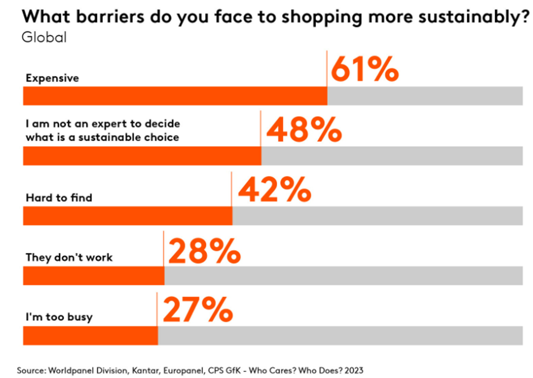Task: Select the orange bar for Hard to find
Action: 127,215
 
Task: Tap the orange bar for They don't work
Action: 94,276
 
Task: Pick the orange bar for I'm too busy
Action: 90,335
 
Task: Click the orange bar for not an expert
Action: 142,156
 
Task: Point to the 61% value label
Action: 365,70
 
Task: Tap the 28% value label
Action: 205,250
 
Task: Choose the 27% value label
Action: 198,309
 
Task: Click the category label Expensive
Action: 52,78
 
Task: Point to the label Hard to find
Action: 59,197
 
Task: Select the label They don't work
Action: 69,258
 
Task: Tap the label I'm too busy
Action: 59,317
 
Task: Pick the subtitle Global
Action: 44,37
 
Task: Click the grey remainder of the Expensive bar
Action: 425,95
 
